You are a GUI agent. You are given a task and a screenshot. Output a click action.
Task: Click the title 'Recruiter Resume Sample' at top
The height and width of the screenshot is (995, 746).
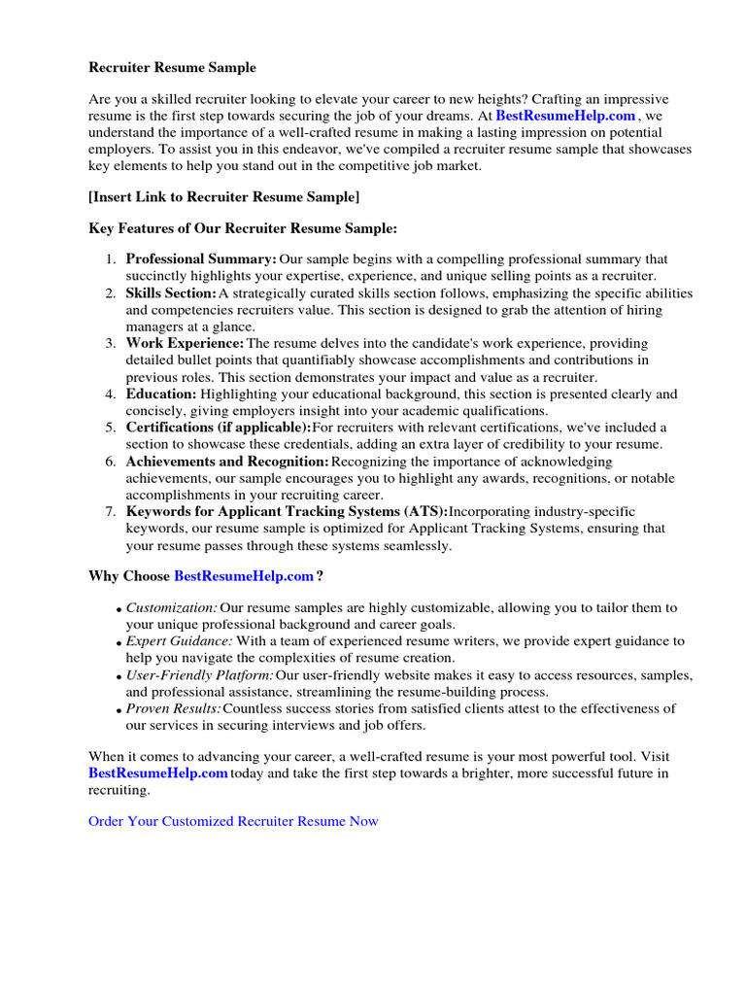(x=172, y=67)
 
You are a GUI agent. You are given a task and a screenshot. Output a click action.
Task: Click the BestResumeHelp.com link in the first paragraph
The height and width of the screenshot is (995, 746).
(x=565, y=116)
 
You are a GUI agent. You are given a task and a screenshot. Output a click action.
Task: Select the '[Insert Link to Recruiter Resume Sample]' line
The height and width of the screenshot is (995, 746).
(x=223, y=196)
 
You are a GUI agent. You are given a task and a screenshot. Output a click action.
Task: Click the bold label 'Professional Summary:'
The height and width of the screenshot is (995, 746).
(x=201, y=259)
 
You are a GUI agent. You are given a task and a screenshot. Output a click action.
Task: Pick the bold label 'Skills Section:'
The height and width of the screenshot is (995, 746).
(x=171, y=292)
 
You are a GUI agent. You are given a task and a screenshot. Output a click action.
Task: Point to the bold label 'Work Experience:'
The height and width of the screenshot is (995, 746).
(x=185, y=343)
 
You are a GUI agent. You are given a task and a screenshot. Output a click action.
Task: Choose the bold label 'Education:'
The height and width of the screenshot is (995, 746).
(x=161, y=394)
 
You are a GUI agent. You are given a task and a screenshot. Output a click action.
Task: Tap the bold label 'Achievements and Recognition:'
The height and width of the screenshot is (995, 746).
(x=227, y=462)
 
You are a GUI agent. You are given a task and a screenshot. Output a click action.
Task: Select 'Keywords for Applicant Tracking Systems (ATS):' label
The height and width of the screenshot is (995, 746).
(x=287, y=511)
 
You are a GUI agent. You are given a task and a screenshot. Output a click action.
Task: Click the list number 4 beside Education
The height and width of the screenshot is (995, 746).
(x=110, y=394)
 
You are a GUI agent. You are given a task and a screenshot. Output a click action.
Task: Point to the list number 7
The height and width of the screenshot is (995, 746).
(x=110, y=511)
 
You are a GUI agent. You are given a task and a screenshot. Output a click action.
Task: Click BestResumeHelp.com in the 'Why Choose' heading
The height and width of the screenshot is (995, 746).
(x=243, y=576)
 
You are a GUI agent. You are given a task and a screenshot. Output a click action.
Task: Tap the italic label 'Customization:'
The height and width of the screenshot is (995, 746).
(x=171, y=607)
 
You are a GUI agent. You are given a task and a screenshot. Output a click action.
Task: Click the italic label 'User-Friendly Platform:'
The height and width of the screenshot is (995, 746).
(x=199, y=675)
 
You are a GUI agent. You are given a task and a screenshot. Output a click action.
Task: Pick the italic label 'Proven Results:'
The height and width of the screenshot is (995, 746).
(x=173, y=708)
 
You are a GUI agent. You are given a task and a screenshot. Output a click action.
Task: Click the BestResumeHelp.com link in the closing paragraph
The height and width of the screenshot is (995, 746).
(x=158, y=773)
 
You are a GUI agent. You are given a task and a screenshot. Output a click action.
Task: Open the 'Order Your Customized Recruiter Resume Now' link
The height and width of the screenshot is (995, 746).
(x=233, y=821)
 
